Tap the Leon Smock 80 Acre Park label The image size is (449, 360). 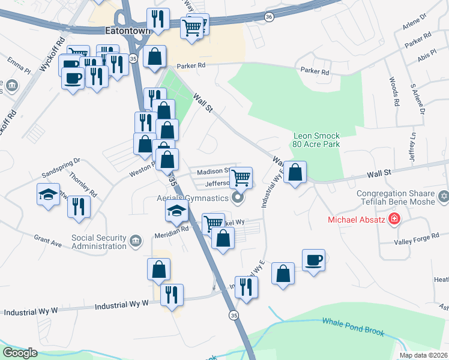point(316,140)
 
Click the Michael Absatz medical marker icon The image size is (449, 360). point(394,219)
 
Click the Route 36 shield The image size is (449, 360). point(270,17)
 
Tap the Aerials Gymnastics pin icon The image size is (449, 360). point(238,197)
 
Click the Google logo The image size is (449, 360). point(20,353)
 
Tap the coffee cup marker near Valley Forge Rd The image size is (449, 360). point(313,260)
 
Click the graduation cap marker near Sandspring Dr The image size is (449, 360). point(48,194)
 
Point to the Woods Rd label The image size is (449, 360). point(394,91)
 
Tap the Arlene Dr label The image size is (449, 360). point(415,26)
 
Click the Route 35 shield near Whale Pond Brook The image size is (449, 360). point(232,314)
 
